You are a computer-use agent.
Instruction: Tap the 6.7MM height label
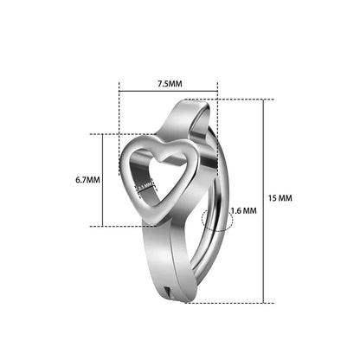point(87,180)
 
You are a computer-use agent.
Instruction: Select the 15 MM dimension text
point(280,198)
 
